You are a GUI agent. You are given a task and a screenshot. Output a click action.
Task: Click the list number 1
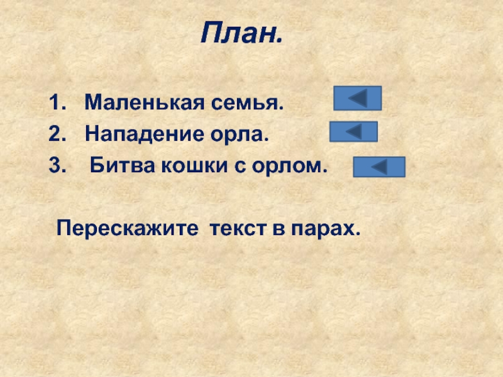pos(57,101)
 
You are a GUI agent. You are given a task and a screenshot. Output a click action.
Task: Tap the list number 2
pos(57,134)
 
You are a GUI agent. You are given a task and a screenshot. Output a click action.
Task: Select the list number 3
pos(57,167)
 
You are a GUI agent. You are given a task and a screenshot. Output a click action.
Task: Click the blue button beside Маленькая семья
pos(357,98)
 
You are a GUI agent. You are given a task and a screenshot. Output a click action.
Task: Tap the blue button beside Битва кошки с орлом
pos(379,167)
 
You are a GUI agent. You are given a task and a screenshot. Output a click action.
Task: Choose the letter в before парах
pos(276,227)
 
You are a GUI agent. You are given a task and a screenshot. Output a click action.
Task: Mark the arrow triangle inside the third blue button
pos(379,167)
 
